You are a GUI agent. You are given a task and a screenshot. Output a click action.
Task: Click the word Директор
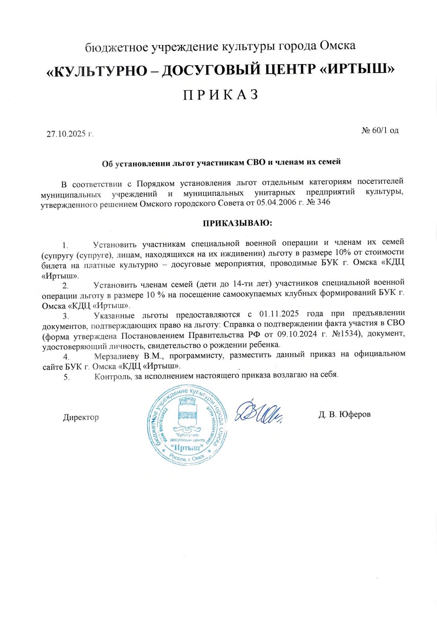(81, 417)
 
